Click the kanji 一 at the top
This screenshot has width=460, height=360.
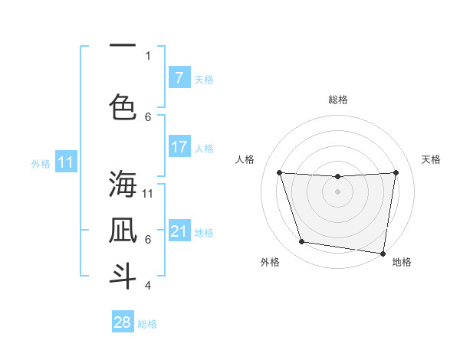coord(123,47)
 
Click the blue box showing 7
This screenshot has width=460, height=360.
coord(179,78)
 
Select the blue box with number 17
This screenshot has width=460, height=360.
coord(179,147)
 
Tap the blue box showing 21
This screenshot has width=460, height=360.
coord(179,231)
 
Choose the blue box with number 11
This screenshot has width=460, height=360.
coord(66,162)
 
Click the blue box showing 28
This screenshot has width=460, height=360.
coord(123,322)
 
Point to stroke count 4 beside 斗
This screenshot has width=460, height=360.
coord(148,286)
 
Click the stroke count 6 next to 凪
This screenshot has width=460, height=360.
coord(148,240)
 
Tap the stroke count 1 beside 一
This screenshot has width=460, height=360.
coord(148,55)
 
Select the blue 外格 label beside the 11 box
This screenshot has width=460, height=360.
coord(41,163)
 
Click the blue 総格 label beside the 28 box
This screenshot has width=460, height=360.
coord(147,324)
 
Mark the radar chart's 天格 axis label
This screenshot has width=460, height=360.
coord(432,159)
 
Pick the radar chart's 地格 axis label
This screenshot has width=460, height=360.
coord(402,263)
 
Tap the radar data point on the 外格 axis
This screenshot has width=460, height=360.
coord(302,242)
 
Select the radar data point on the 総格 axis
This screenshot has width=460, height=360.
coord(337,177)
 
